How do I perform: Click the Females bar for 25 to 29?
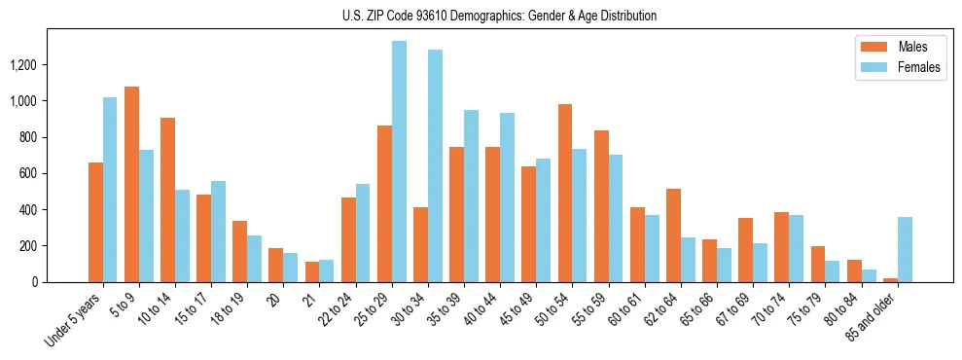pyautogui.click(x=399, y=162)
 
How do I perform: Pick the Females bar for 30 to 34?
pyautogui.click(x=435, y=165)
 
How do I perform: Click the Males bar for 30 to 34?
pyautogui.click(x=420, y=244)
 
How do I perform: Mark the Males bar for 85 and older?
pyautogui.click(x=890, y=279)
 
